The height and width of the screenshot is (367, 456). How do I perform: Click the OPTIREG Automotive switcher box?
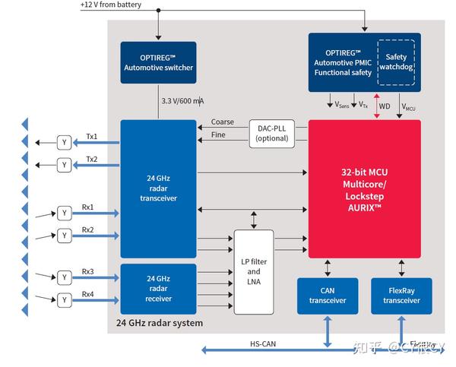click(158, 62)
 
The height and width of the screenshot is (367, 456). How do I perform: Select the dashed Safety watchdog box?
click(396, 62)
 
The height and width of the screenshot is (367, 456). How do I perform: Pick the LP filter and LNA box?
click(254, 272)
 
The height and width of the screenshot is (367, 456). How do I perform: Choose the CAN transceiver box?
click(327, 296)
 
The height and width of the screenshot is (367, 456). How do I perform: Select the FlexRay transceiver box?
click(401, 296)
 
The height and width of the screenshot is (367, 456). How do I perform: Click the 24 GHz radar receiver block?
click(158, 288)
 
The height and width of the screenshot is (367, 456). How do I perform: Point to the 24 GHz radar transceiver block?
click(158, 189)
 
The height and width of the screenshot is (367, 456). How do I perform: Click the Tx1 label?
click(91, 138)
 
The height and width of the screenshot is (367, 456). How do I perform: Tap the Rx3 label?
click(88, 271)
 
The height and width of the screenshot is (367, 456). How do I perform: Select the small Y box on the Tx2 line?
click(65, 165)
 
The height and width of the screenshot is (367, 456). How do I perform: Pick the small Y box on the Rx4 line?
click(65, 300)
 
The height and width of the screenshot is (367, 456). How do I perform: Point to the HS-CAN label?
click(263, 343)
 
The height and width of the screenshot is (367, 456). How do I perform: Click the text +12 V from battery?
click(112, 5)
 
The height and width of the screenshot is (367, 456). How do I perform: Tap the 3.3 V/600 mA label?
click(183, 101)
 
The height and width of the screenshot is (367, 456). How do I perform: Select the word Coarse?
click(222, 122)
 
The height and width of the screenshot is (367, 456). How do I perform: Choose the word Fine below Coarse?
click(218, 136)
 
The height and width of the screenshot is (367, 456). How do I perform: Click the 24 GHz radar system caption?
click(160, 323)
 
